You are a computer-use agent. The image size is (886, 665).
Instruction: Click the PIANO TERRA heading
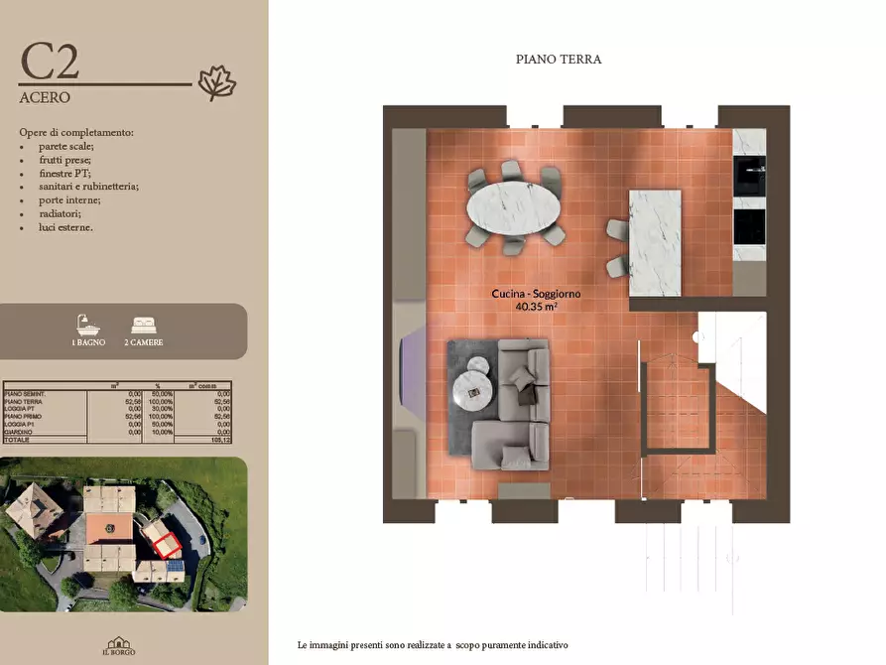point(559,60)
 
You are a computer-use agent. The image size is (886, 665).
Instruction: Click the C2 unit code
point(50,62)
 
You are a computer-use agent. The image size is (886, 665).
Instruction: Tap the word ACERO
point(45,98)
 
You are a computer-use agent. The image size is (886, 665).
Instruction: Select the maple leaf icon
point(216,83)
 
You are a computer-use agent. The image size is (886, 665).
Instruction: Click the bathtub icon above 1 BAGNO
point(87,325)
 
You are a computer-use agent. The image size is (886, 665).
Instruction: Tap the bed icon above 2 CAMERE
point(144,325)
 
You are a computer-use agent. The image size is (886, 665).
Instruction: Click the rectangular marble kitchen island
point(655,242)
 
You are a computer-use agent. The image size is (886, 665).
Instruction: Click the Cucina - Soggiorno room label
point(536,294)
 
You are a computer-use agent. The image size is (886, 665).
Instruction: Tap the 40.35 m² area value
point(536,308)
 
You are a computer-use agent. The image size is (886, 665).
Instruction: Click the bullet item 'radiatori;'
point(61,213)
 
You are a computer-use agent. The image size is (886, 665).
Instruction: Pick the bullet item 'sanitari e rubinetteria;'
point(88,186)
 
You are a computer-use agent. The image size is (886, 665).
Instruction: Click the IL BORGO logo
point(119,646)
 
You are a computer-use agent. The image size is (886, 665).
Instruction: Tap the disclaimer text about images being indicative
point(433,645)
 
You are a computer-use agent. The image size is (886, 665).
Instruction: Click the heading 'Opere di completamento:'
point(76,132)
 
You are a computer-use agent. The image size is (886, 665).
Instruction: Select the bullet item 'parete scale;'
point(65,146)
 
